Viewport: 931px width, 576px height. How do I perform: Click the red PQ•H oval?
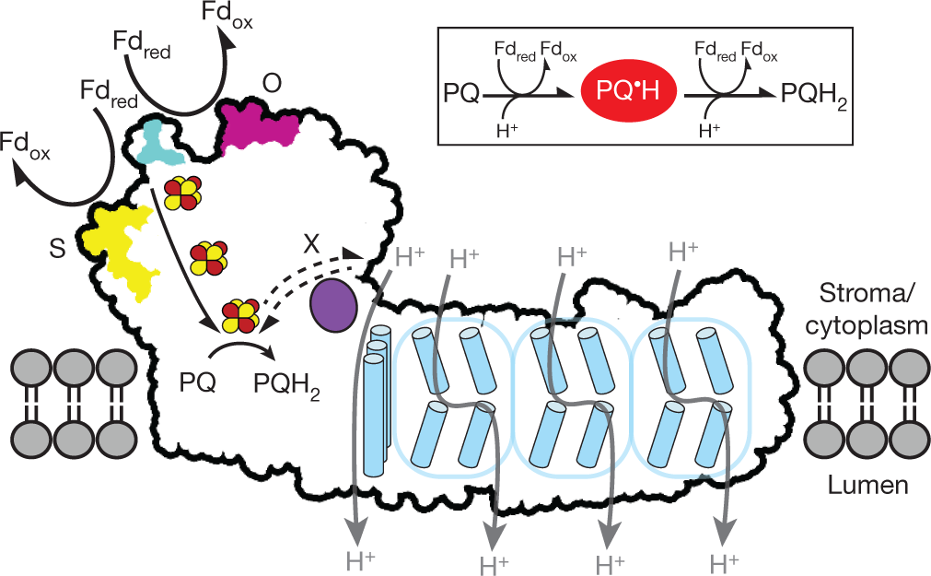626,89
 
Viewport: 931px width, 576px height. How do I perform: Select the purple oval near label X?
334,305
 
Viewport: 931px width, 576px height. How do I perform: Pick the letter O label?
272,84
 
